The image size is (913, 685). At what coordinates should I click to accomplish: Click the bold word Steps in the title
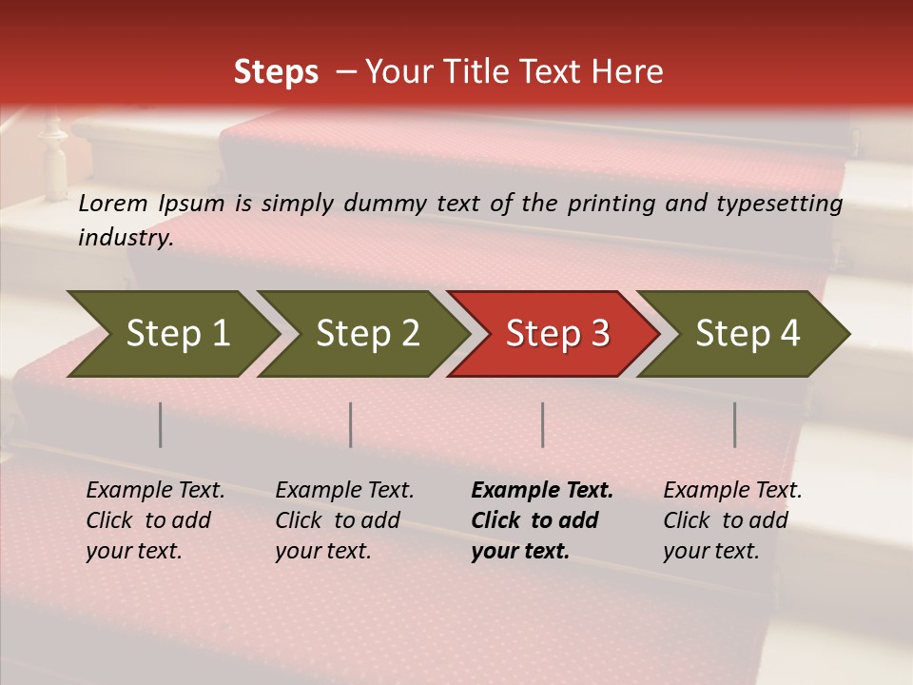tap(276, 72)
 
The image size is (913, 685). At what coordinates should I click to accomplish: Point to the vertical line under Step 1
tap(161, 424)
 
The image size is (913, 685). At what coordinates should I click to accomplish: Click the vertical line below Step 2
tap(351, 424)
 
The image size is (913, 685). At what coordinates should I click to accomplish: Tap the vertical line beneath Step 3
tap(543, 424)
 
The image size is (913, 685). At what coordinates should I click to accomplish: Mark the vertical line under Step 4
tap(735, 424)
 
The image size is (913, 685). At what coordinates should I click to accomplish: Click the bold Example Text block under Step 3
tap(541, 520)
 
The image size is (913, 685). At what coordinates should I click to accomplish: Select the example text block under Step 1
tap(155, 520)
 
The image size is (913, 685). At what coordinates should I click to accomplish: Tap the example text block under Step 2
tap(344, 520)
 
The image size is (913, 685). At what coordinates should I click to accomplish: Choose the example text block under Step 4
tap(732, 520)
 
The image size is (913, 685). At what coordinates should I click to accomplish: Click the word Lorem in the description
tap(113, 204)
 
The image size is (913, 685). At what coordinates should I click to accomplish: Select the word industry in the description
tap(126, 238)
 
